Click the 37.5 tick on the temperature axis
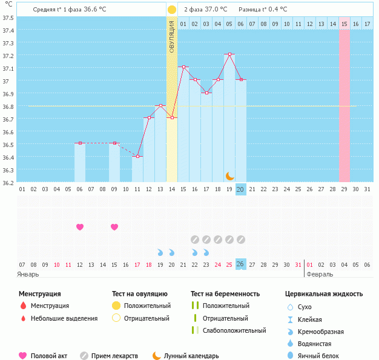click(x=8, y=17)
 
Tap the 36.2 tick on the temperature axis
click(x=8, y=182)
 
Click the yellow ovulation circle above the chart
click(x=172, y=10)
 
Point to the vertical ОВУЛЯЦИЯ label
click(x=172, y=36)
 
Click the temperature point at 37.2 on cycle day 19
click(x=229, y=54)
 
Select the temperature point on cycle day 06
click(x=80, y=143)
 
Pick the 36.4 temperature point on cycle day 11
click(x=137, y=156)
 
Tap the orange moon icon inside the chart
click(x=230, y=176)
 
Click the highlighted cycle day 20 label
click(x=240, y=189)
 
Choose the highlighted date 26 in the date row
click(x=240, y=264)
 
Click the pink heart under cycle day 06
click(x=80, y=227)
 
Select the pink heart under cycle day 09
click(x=114, y=227)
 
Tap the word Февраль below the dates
click(x=320, y=274)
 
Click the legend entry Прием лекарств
click(x=114, y=356)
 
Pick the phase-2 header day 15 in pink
click(x=344, y=24)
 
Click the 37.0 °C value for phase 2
click(x=216, y=10)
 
